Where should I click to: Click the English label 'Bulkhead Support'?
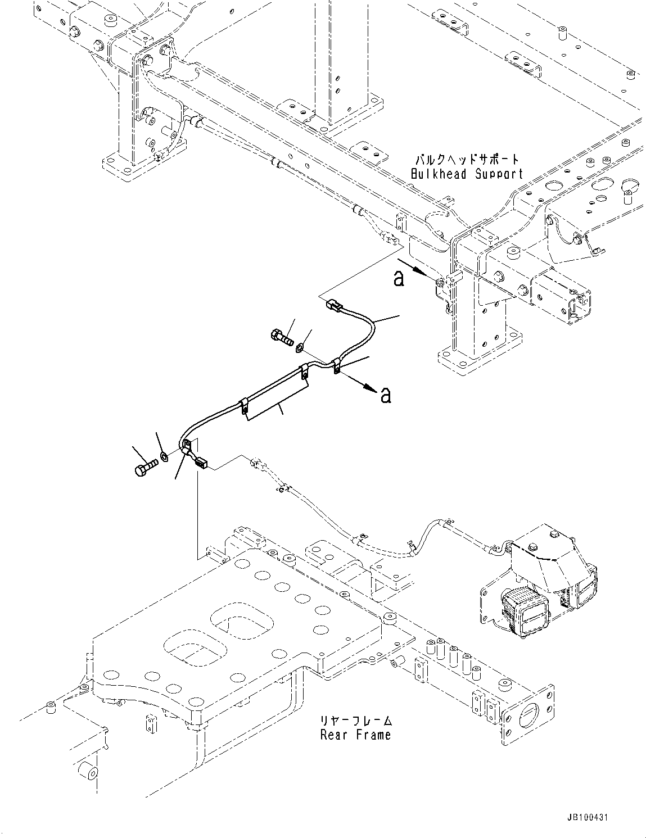coord(466,174)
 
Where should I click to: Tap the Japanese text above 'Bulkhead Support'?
coord(466,160)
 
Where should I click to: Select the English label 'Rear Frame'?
coord(355,735)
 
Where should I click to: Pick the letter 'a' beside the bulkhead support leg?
coord(399,278)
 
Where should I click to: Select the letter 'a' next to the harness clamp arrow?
coord(385,395)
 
